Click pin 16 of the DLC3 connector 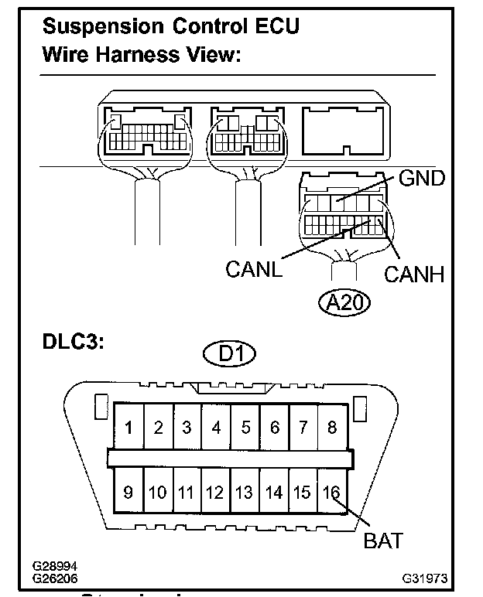331,490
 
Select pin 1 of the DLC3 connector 129,428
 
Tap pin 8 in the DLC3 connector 332,428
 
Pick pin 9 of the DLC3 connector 129,490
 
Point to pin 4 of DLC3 216,428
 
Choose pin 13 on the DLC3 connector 245,490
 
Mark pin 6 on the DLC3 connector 274,428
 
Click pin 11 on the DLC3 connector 187,490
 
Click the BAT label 382,540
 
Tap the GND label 421,179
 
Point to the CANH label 414,274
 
